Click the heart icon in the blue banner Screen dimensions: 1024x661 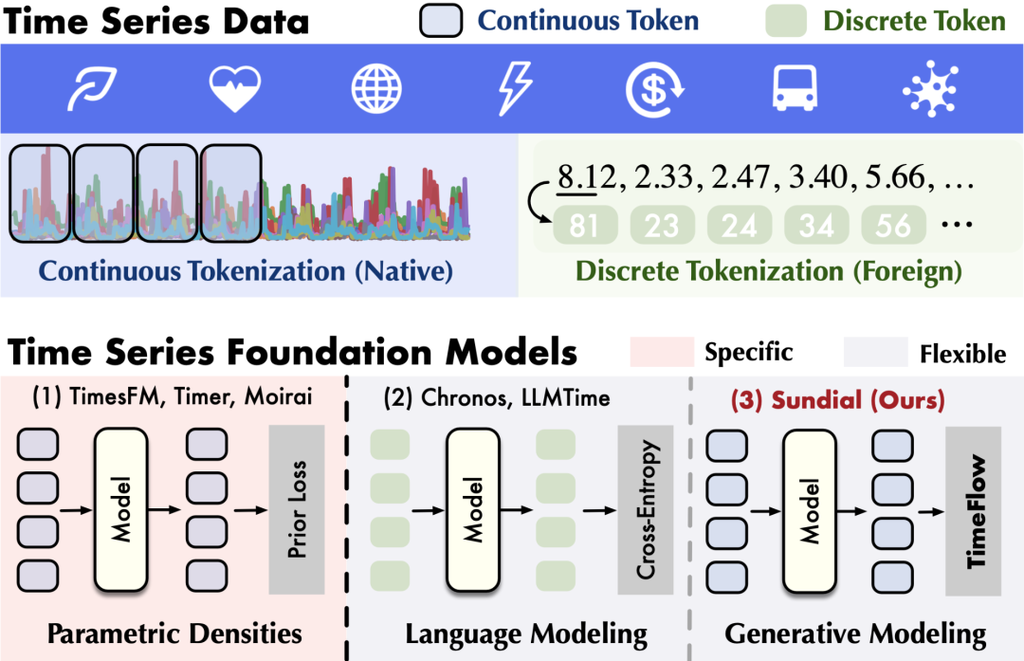[234, 89]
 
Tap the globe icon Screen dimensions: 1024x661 [376, 89]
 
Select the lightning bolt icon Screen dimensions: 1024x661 [515, 89]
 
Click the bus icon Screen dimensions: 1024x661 [795, 87]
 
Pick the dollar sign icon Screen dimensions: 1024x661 [654, 89]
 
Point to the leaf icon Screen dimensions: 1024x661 [92, 88]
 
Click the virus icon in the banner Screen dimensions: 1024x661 [931, 89]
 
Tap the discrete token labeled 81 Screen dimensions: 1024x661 [584, 226]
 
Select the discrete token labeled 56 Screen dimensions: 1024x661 [893, 226]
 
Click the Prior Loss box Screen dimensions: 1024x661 [297, 509]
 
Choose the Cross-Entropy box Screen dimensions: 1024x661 [646, 509]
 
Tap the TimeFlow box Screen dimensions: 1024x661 [973, 511]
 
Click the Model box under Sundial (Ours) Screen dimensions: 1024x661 [809, 511]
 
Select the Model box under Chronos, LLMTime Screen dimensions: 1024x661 [473, 509]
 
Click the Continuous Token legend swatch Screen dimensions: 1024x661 [442, 20]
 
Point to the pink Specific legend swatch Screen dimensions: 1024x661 [662, 352]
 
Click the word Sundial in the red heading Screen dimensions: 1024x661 [816, 400]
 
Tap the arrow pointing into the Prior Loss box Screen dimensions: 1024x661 [250, 509]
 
